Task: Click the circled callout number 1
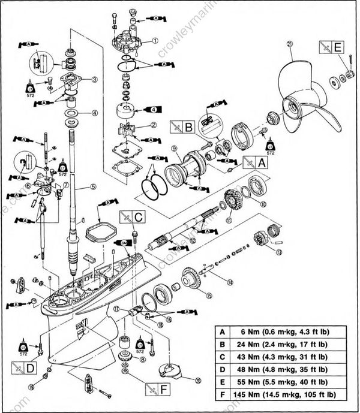[155, 41]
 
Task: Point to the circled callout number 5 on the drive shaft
[94, 187]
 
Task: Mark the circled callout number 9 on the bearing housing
[173, 148]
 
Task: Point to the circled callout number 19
[31, 387]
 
